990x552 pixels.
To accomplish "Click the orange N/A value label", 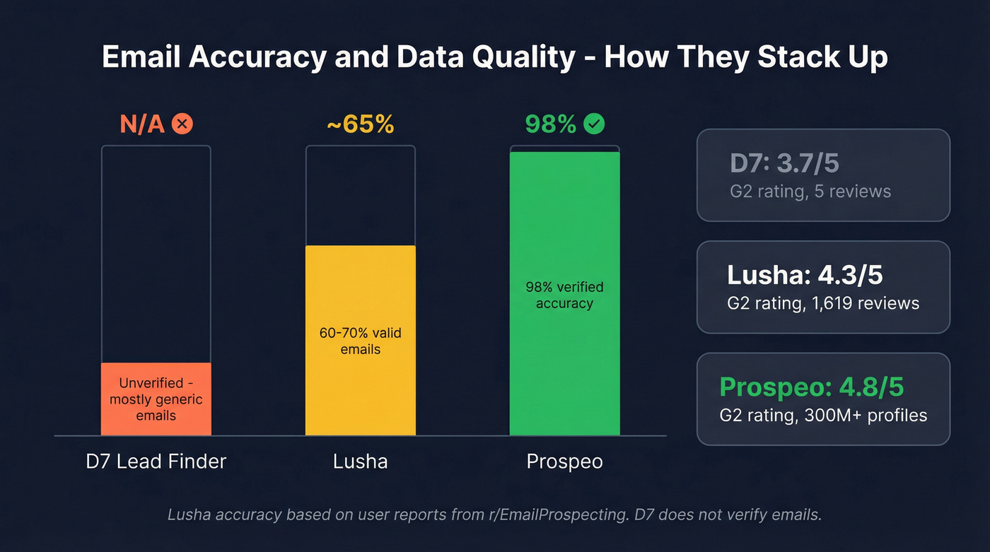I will [x=142, y=125].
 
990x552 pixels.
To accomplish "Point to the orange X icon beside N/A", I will [x=182, y=125].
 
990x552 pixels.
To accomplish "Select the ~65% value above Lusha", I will [x=360, y=125].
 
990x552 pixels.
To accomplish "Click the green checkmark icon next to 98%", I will [x=594, y=125].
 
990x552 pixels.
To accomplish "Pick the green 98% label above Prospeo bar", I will [x=551, y=125].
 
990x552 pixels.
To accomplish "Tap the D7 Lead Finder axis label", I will [x=156, y=462].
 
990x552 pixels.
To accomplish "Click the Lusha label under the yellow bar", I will [x=360, y=462].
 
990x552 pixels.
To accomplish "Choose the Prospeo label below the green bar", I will [x=564, y=462].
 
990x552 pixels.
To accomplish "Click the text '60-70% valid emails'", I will [x=360, y=341].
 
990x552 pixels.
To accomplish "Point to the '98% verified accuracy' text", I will [x=564, y=295].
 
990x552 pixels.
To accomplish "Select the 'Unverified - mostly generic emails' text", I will [x=156, y=399].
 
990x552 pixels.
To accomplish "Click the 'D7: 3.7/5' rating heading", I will [x=784, y=163].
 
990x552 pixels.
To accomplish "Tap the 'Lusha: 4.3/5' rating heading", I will [x=805, y=275].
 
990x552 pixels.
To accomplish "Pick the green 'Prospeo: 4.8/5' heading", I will [x=811, y=387].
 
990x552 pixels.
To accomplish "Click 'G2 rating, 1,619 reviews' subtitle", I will [x=823, y=303].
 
